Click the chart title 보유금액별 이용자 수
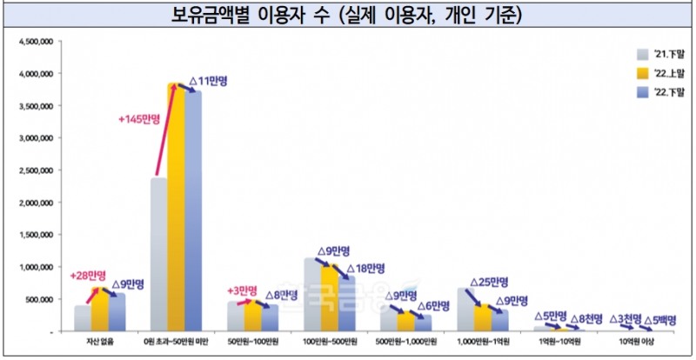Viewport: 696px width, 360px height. [348, 16]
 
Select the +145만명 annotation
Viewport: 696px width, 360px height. [139, 121]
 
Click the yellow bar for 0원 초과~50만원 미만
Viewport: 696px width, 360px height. [177, 209]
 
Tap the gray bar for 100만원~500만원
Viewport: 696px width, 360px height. [313, 296]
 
